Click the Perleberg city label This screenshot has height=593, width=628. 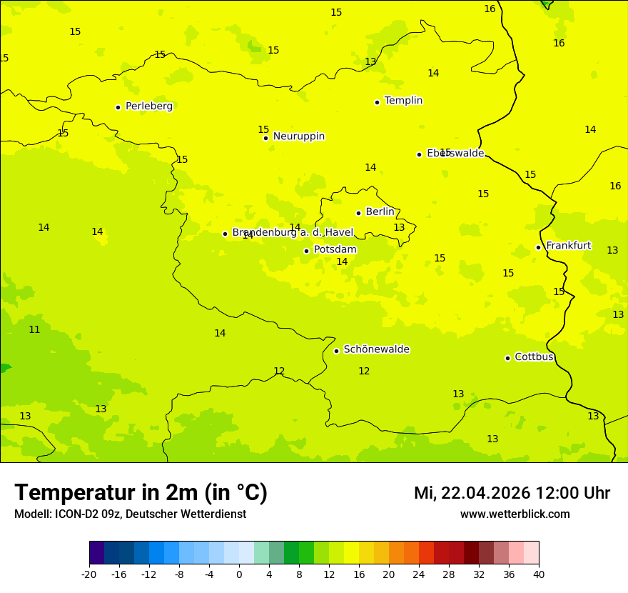[148, 106]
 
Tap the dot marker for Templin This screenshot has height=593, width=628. [377, 102]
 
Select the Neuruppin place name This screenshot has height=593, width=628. [298, 136]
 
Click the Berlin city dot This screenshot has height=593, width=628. [358, 213]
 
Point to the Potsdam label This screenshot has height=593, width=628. [335, 250]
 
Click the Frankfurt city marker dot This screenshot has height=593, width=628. [538, 248]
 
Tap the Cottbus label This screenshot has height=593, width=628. [534, 357]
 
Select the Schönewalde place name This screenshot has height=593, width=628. [376, 349]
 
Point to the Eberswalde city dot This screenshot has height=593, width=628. [419, 154]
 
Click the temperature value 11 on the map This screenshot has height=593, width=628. [34, 329]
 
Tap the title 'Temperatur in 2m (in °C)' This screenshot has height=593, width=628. [141, 492]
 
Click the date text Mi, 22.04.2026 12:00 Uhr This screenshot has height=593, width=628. [512, 493]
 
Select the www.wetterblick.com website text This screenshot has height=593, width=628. [515, 514]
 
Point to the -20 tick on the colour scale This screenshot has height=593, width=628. [89, 574]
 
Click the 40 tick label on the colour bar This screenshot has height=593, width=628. [539, 574]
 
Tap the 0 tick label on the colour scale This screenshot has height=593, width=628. [239, 574]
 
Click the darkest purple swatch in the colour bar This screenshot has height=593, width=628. [96, 553]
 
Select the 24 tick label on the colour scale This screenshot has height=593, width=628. [419, 574]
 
